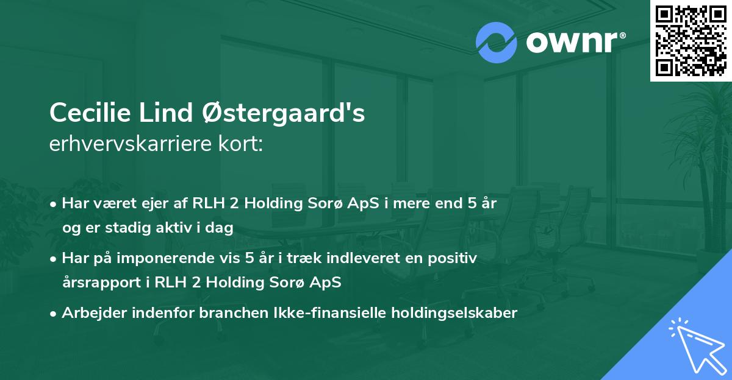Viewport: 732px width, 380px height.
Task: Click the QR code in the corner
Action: click(691, 41)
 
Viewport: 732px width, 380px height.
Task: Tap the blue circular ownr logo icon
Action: click(496, 43)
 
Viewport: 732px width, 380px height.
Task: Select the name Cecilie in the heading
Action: click(90, 113)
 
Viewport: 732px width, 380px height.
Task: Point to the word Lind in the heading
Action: click(166, 113)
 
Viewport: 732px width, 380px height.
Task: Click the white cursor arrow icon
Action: click(697, 346)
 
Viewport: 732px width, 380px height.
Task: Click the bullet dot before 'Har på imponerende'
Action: click(53, 259)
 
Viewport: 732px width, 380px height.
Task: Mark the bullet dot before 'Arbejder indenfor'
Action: click(53, 314)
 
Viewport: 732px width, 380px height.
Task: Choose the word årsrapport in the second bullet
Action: click(101, 283)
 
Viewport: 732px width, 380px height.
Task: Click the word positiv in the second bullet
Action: click(452, 259)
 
